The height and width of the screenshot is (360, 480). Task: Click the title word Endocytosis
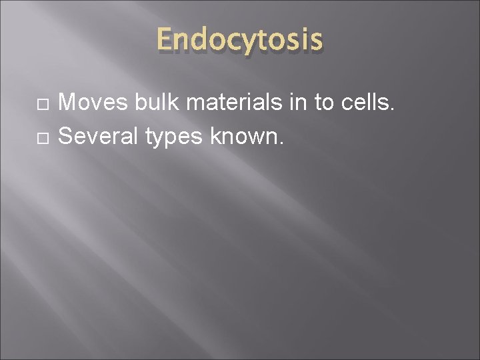tap(240, 41)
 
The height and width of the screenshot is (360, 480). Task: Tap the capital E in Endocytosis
tap(165, 41)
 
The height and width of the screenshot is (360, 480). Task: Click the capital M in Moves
tap(67, 103)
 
